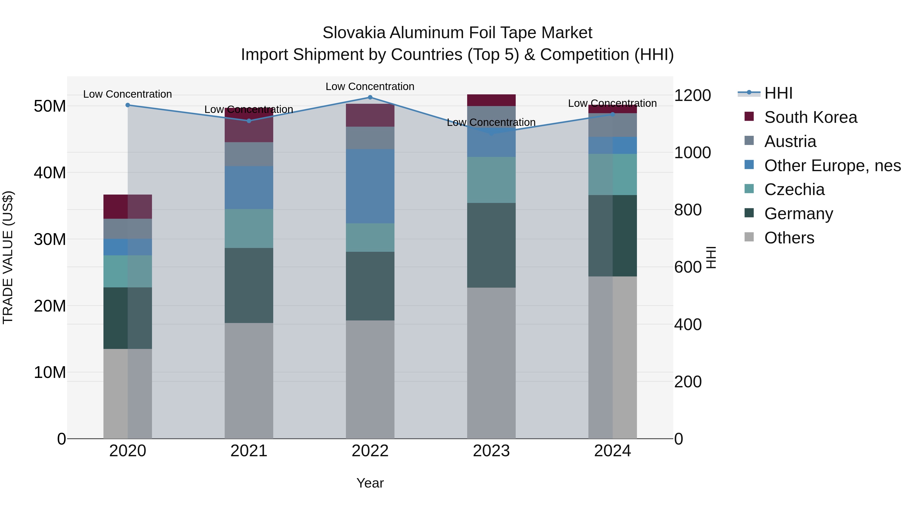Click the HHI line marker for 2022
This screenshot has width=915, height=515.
[x=370, y=97]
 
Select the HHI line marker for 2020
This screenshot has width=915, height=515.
[x=128, y=105]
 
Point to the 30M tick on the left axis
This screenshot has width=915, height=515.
[x=50, y=240]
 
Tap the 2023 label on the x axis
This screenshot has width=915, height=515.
[x=491, y=451]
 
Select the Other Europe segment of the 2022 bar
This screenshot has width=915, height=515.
[x=370, y=186]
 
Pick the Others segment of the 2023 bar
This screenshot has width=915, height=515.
[x=491, y=362]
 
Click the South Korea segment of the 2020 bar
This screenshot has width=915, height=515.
[x=128, y=207]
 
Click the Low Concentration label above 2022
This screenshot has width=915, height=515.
[x=370, y=87]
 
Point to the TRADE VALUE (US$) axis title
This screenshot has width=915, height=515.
[x=8, y=257]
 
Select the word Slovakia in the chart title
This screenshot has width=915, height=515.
[x=354, y=33]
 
